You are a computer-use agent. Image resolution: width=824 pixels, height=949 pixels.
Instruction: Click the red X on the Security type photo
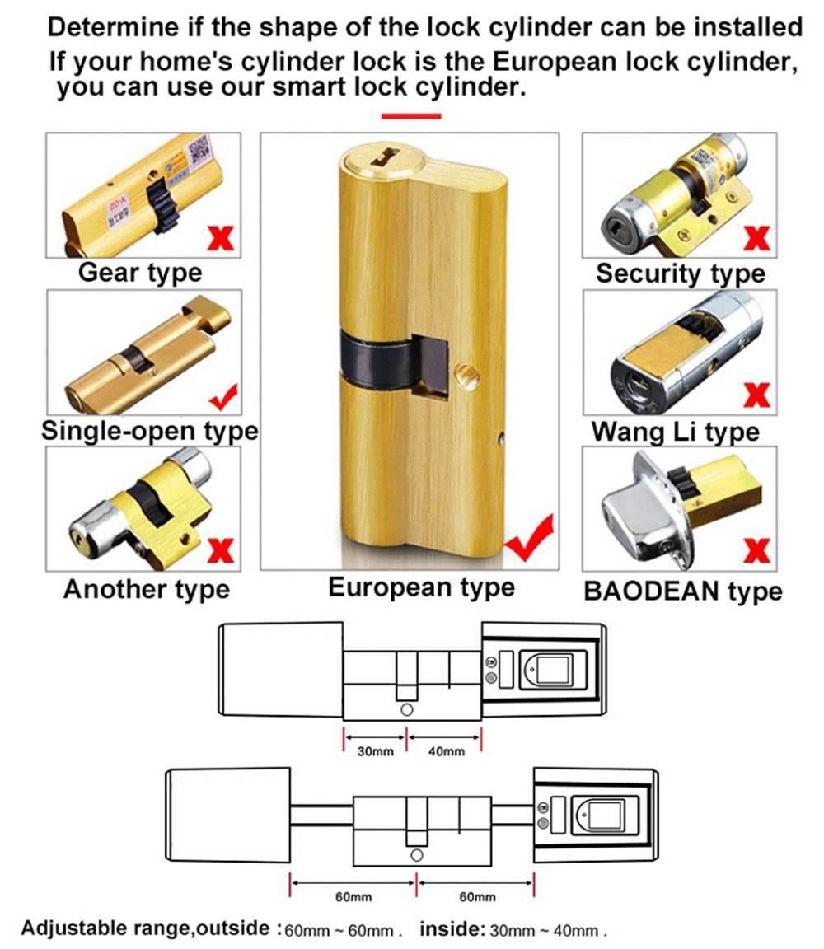pyautogui.click(x=756, y=237)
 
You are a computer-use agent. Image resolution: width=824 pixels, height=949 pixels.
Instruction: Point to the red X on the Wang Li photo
pyautogui.click(x=756, y=395)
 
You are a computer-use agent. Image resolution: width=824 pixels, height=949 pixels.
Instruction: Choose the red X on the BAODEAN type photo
pyautogui.click(x=756, y=549)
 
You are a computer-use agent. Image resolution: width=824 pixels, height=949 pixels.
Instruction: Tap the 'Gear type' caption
pyautogui.click(x=139, y=272)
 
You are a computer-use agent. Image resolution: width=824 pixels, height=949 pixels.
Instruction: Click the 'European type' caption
pyautogui.click(x=421, y=587)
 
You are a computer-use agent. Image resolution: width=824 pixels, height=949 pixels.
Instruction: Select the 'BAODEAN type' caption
pyautogui.click(x=682, y=591)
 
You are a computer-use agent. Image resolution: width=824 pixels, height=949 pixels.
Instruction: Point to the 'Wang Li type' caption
pyautogui.click(x=675, y=432)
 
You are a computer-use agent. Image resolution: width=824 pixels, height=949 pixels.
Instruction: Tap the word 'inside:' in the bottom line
pyautogui.click(x=452, y=929)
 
